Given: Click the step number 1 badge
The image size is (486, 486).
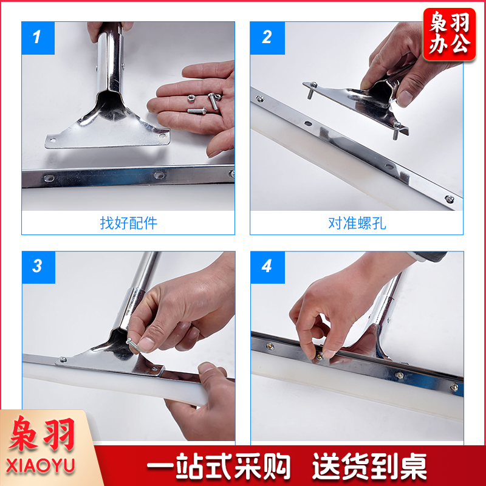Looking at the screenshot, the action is (x=38, y=38).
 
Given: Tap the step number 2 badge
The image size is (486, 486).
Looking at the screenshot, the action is (x=267, y=38).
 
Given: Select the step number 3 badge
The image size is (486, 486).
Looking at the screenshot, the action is (x=38, y=267).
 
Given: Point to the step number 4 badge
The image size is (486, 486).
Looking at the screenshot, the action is (x=267, y=267).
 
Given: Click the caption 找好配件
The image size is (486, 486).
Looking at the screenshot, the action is (x=128, y=223).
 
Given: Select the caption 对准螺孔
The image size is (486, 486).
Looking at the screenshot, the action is (x=357, y=223).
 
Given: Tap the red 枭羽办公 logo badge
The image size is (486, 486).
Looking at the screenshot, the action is (x=450, y=34).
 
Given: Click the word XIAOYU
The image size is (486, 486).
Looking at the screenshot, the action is (x=40, y=465).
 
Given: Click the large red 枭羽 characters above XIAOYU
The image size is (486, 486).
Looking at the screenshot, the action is (x=42, y=433).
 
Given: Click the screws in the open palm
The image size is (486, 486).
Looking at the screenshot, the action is (x=205, y=102).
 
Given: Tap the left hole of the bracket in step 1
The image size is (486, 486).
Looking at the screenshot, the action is (x=53, y=140).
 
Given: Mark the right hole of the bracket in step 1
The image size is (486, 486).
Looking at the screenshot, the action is (x=162, y=135).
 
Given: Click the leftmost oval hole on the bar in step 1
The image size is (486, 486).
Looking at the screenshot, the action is (x=49, y=178).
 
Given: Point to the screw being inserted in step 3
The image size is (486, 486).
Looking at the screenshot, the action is (x=132, y=344).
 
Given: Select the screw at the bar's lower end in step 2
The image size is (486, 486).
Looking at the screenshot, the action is (x=450, y=199).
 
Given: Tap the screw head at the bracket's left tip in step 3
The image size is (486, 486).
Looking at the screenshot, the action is (x=63, y=360).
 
